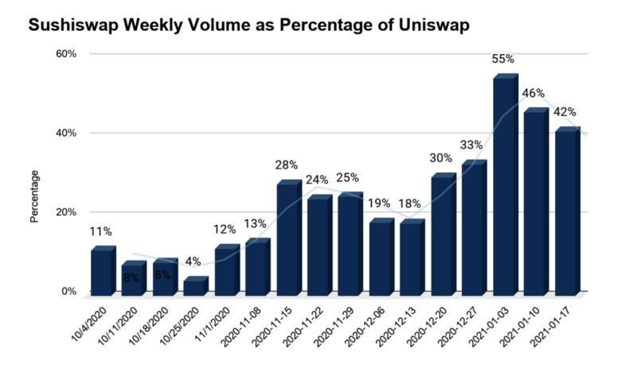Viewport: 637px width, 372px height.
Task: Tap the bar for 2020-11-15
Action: pos(288,238)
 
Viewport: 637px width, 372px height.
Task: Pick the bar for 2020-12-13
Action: pos(412,257)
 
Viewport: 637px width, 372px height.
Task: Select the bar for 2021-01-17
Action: pos(567,211)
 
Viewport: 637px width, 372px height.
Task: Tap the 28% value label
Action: pos(287,165)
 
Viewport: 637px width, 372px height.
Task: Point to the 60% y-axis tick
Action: pos(65,54)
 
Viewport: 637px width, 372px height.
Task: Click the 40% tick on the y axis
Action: pos(65,133)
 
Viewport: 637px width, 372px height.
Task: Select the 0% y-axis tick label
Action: pos(68,292)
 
